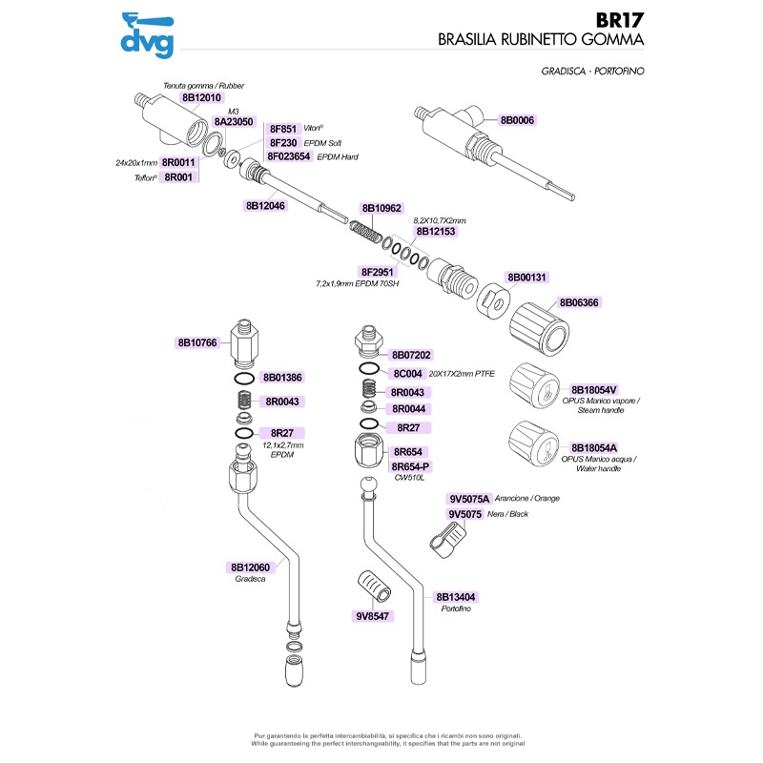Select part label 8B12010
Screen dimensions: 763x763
click(201, 97)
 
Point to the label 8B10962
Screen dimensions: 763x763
click(381, 208)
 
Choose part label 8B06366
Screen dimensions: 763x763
click(580, 302)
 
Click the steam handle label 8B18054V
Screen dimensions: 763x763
click(595, 390)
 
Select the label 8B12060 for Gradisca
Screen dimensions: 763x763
click(251, 567)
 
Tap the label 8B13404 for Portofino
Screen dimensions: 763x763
click(457, 597)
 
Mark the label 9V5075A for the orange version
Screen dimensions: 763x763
click(469, 499)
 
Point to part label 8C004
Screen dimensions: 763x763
click(408, 374)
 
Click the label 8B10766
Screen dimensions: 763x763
click(198, 341)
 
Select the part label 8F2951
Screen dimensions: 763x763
click(377, 272)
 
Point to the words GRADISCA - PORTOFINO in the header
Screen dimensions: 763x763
click(592, 72)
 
